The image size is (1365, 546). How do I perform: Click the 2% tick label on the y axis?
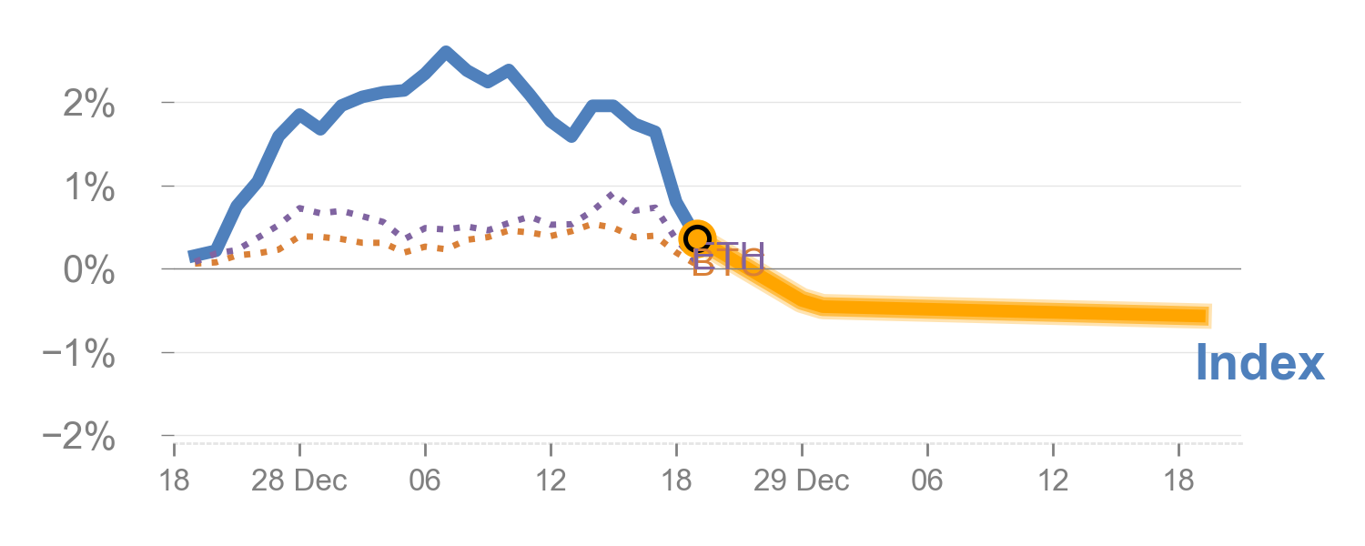pos(89,105)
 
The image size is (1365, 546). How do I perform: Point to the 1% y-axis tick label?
pos(89,188)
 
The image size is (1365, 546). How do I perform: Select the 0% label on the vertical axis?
pos(89,271)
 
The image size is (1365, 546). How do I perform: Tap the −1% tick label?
pos(79,354)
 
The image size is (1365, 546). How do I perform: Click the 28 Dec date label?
pos(299,480)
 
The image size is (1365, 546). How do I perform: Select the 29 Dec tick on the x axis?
pos(802,480)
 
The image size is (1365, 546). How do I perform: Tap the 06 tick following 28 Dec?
pos(425,480)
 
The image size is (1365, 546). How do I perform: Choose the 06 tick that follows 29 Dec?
pos(927,480)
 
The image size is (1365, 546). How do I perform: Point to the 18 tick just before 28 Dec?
pos(174,480)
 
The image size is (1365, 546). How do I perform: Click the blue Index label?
pos(1259,363)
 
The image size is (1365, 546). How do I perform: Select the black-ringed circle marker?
pos(697,238)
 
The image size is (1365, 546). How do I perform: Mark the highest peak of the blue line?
pos(446,53)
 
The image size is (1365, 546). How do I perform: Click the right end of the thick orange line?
pos(1208,316)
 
